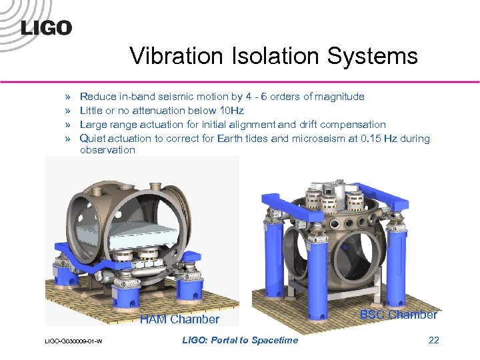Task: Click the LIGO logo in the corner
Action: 46,27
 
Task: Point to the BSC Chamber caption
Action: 399,315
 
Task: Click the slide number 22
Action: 433,340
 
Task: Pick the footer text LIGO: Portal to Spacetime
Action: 240,340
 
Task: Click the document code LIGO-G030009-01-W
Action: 73,342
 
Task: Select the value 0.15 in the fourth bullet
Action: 349,139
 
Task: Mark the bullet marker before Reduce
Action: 67,97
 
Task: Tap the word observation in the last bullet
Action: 107,150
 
